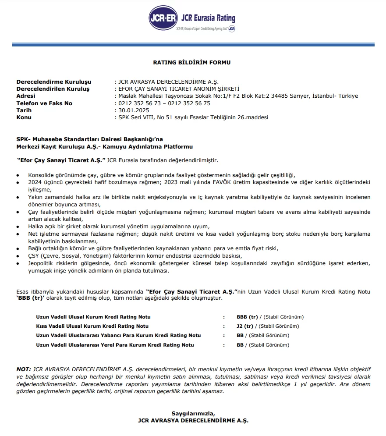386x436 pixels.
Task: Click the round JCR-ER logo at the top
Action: [x=163, y=18]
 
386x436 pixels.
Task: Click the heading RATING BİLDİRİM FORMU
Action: [x=191, y=63]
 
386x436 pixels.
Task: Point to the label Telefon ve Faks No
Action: [x=44, y=103]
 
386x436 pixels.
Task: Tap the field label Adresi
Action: [x=26, y=96]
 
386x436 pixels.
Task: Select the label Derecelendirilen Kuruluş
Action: [x=53, y=89]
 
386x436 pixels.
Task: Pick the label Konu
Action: [x=24, y=117]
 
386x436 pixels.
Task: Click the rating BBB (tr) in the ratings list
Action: [x=247, y=317]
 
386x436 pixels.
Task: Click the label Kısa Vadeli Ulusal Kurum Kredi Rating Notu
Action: [x=92, y=326]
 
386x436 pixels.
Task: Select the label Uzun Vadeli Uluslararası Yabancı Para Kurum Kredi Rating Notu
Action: [x=118, y=335]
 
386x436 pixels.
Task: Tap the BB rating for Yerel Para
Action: [x=240, y=345]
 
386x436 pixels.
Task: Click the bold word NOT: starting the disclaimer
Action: [x=24, y=369]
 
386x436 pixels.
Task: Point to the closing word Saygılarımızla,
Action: [x=193, y=413]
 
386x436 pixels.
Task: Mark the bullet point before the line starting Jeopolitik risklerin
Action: [x=18, y=263]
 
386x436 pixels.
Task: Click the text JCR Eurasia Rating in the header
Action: [x=209, y=18]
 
